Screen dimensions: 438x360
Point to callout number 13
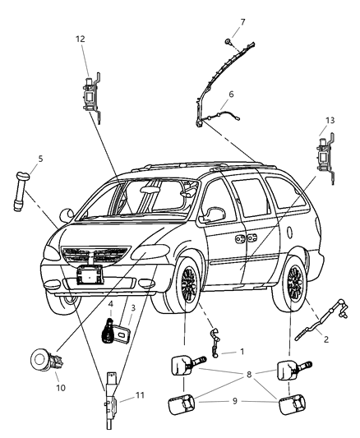[x=330, y=120]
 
